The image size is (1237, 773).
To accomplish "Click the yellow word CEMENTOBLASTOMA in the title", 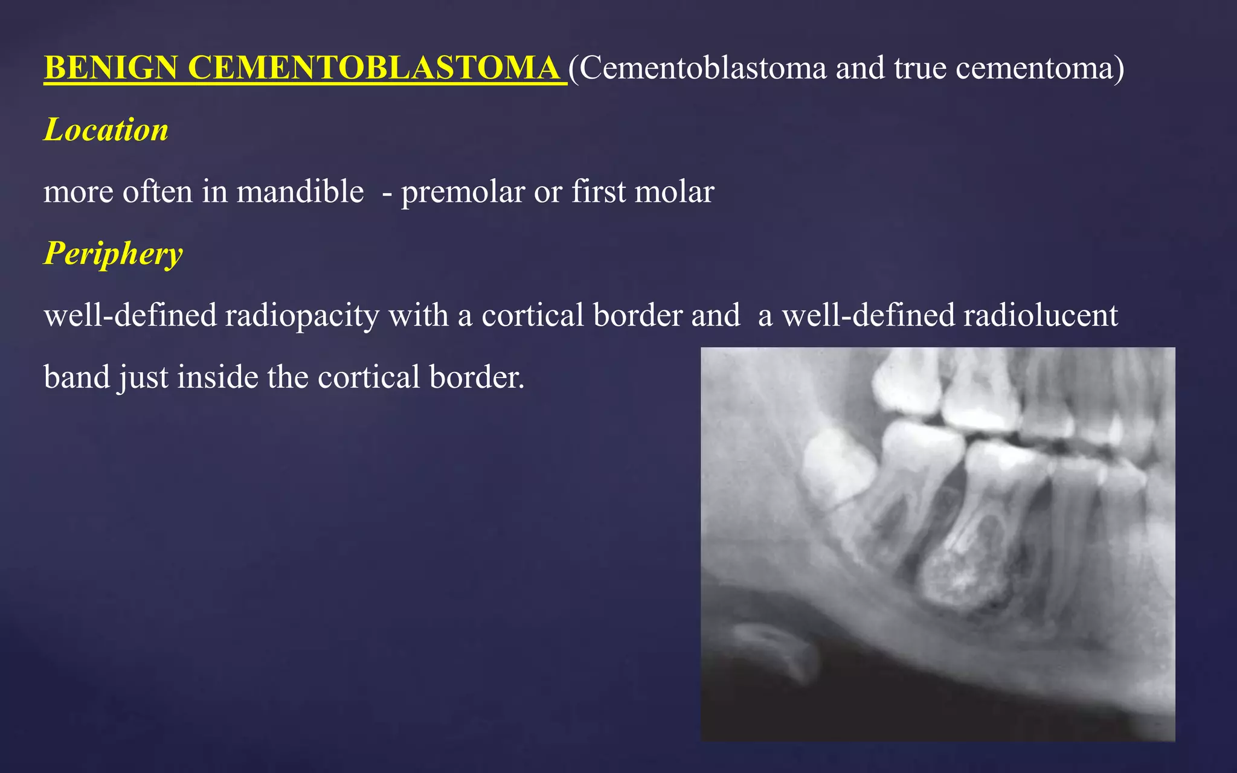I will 374,68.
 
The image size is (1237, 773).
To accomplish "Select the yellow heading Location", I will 106,130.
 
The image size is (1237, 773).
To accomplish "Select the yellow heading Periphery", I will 113,253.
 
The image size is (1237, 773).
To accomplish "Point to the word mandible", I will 300,192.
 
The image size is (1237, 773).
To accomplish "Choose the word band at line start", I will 77,377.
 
